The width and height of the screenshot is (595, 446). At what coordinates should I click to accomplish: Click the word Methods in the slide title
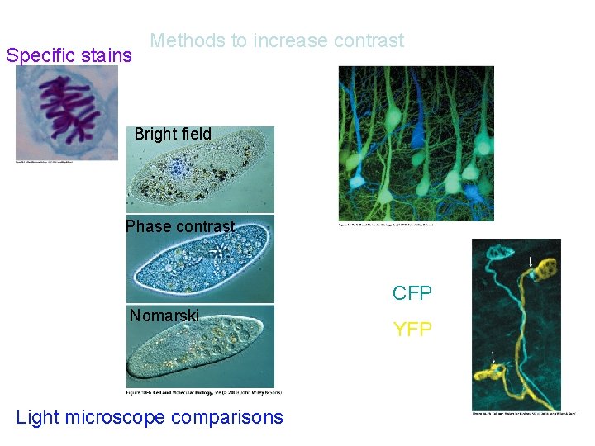tap(183, 40)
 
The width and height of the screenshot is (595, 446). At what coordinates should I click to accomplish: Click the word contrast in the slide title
tap(369, 40)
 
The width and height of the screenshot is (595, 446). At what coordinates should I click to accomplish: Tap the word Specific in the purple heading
tap(40, 56)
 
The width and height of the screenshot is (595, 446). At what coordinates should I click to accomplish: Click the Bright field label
tap(173, 134)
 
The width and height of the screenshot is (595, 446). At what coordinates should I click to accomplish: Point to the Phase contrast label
tap(180, 226)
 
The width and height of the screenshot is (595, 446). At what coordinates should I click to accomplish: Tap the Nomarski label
tap(164, 315)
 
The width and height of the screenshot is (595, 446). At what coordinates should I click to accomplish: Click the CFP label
tap(412, 293)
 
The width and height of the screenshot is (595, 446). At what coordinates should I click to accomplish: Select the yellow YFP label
tap(412, 330)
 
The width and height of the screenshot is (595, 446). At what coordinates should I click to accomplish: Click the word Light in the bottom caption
tap(38, 418)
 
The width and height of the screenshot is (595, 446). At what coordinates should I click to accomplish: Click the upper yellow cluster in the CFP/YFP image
tap(545, 269)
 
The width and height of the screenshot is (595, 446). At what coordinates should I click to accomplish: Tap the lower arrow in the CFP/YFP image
tap(493, 358)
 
